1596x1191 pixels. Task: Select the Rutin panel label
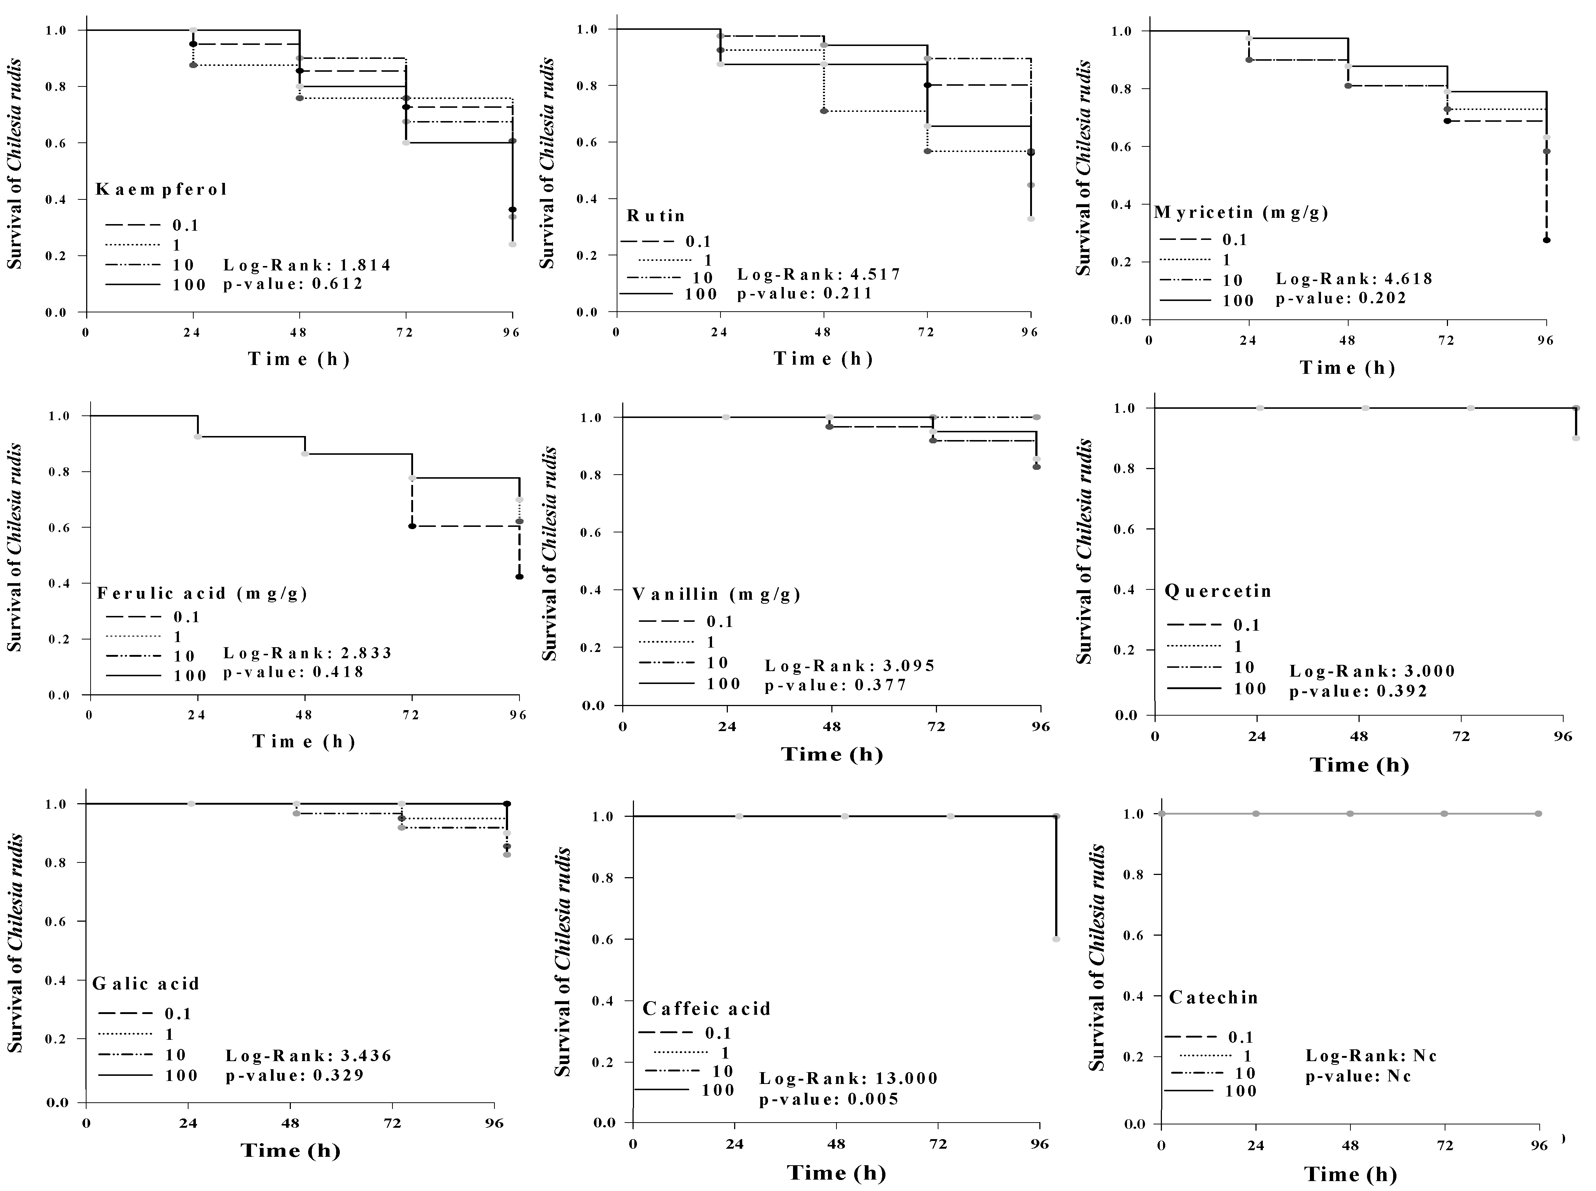click(656, 216)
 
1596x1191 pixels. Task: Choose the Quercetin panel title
click(1218, 591)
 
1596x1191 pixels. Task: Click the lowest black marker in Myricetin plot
click(1546, 240)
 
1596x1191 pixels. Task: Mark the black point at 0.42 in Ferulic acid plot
click(519, 577)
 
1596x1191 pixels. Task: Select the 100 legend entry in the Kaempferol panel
click(189, 285)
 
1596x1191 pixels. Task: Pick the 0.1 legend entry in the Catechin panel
click(1240, 1038)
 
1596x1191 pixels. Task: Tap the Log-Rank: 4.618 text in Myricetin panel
click(1354, 279)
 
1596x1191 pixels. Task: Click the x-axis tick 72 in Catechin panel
click(1445, 1146)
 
